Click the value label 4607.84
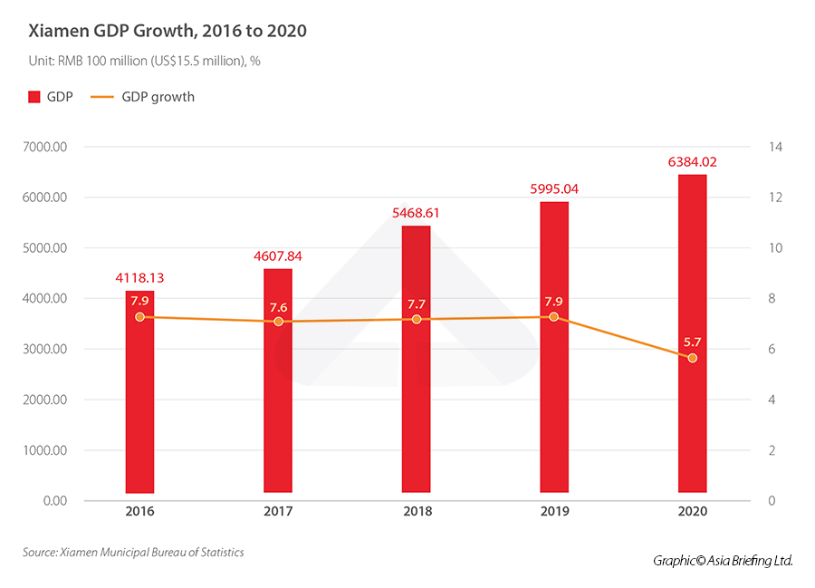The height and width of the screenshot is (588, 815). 278,256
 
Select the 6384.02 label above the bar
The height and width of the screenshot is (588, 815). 692,162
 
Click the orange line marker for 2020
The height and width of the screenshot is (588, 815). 693,359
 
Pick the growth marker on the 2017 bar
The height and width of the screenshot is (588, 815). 278,322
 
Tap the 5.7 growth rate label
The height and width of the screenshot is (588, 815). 693,342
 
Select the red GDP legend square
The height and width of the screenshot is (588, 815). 35,96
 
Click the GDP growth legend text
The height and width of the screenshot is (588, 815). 158,96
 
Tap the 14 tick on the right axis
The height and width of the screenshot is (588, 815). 776,147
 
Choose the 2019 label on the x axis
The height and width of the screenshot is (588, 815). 554,512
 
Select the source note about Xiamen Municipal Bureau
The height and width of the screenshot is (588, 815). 134,552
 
